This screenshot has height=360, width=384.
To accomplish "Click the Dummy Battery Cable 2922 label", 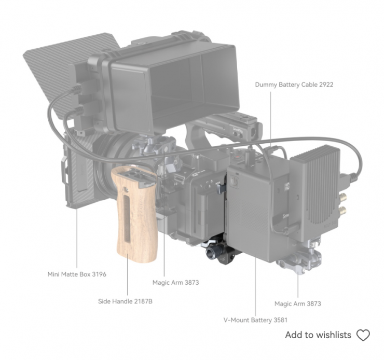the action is tap(294, 85).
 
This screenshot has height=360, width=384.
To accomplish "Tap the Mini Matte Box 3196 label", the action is tap(77, 274).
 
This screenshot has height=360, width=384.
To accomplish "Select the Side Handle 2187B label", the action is tap(125, 301).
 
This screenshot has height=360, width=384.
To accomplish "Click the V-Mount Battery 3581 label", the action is tap(255, 320).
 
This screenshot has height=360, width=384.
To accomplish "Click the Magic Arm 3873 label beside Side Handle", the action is tap(175, 283).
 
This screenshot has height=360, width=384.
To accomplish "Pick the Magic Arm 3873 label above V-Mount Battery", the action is tap(297, 303).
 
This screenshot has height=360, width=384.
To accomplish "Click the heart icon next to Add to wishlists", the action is tap(363, 335).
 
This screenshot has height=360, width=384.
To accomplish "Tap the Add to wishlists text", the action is tap(318, 335).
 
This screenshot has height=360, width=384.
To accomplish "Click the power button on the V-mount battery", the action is tap(234, 182).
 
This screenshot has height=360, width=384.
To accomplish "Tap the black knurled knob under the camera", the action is tap(212, 252).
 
